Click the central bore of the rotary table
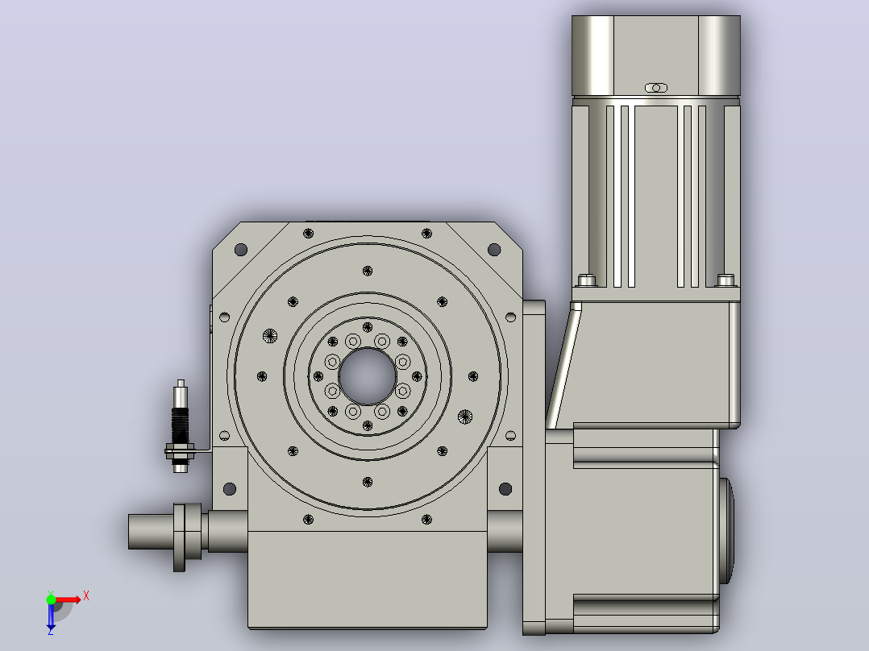pyautogui.click(x=368, y=377)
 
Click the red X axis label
pyautogui.click(x=86, y=596)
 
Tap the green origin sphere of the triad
pyautogui.click(x=51, y=599)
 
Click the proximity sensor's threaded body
pyautogui.click(x=180, y=425)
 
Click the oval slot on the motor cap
pyautogui.click(x=656, y=88)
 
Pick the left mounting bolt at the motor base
pyautogui.click(x=587, y=280)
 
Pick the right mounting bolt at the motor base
pyautogui.click(x=726, y=280)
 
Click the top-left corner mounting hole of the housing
pyautogui.click(x=241, y=250)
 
